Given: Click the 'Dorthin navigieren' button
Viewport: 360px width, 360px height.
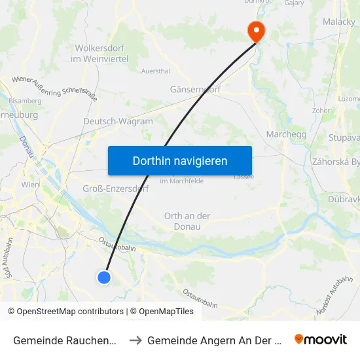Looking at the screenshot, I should (180, 160).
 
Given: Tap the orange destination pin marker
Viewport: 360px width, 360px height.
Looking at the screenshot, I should (255, 30).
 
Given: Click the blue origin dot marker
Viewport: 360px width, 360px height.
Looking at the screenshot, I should (104, 278).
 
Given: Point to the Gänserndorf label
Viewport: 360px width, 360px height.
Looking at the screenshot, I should (194, 89).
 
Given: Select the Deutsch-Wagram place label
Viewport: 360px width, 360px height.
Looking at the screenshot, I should (118, 121).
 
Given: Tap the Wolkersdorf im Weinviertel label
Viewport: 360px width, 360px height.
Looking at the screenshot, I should (101, 54).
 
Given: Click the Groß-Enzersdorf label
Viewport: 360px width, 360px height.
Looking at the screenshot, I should (116, 189).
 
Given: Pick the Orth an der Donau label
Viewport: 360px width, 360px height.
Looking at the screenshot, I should (187, 221).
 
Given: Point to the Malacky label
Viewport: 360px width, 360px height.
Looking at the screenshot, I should (338, 22).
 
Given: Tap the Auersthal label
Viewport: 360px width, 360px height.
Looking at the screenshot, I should (156, 71).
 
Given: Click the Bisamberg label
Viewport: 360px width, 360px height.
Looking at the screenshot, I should (25, 101).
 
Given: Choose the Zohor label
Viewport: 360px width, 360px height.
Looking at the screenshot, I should (321, 111).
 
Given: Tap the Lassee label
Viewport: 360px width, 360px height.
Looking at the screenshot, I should (243, 177).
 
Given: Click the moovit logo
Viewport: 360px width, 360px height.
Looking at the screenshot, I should (321, 340).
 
